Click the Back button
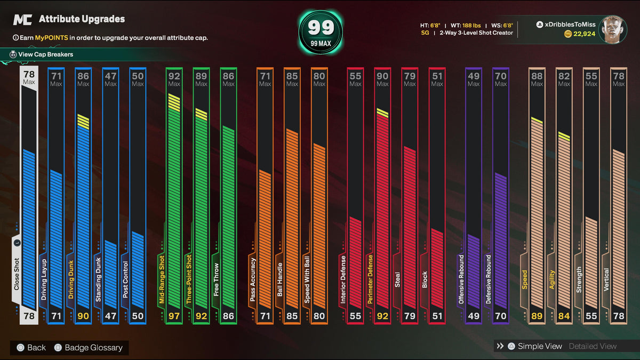click(x=31, y=348)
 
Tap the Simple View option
click(x=539, y=346)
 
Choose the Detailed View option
click(x=593, y=346)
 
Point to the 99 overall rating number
click(x=321, y=28)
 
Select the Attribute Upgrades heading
click(x=82, y=19)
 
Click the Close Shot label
click(x=17, y=274)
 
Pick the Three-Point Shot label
click(x=189, y=279)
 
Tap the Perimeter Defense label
click(x=370, y=279)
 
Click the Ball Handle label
click(x=280, y=280)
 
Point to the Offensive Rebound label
click(x=462, y=279)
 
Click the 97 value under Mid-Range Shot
click(x=174, y=316)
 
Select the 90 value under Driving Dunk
click(x=83, y=316)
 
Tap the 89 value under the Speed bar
click(x=537, y=316)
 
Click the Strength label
click(x=579, y=280)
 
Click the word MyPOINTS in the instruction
click(x=51, y=38)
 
